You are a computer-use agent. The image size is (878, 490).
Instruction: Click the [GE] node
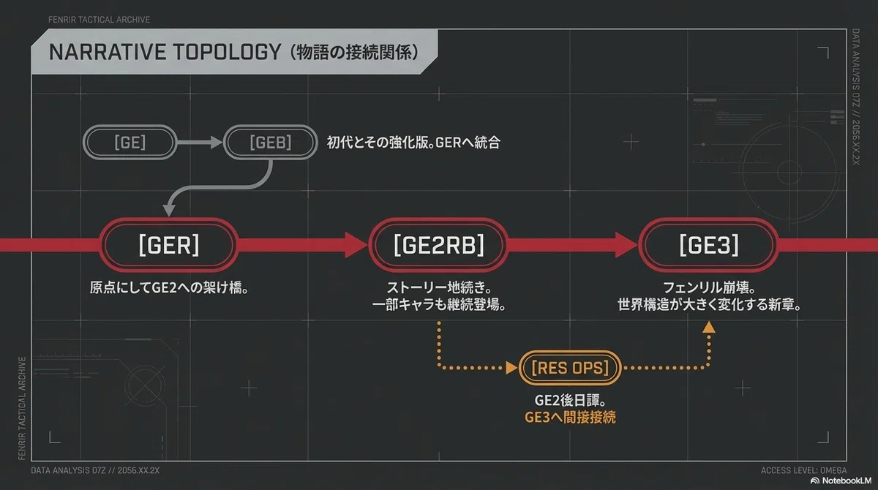pyautogui.click(x=130, y=142)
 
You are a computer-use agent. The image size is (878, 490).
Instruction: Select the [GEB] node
pyautogui.click(x=271, y=142)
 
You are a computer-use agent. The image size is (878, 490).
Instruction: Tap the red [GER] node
pyautogui.click(x=169, y=245)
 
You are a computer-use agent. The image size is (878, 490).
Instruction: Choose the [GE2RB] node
pyautogui.click(x=438, y=245)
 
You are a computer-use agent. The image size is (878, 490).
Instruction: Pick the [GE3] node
pyautogui.click(x=709, y=245)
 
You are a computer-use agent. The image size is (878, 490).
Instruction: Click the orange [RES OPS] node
pyautogui.click(x=570, y=368)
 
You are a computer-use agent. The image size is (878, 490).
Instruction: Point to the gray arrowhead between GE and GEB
pyautogui.click(x=217, y=142)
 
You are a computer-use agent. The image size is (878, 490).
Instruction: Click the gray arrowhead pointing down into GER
pyautogui.click(x=169, y=211)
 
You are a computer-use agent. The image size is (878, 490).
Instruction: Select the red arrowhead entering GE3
pyautogui.click(x=626, y=245)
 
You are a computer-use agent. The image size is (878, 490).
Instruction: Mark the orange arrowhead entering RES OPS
pyautogui.click(x=512, y=368)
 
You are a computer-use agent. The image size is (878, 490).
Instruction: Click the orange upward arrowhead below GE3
pyautogui.click(x=709, y=328)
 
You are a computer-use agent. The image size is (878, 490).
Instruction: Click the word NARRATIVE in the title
pyautogui.click(x=108, y=52)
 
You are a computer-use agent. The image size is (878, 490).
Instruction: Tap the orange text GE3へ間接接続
pyautogui.click(x=570, y=418)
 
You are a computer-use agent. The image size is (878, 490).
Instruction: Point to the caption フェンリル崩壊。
pyautogui.click(x=709, y=288)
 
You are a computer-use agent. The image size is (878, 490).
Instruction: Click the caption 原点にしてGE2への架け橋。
pyautogui.click(x=169, y=288)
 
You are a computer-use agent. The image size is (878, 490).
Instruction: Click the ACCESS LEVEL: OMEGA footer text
pyautogui.click(x=803, y=470)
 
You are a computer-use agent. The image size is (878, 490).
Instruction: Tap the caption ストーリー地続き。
pyautogui.click(x=438, y=288)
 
